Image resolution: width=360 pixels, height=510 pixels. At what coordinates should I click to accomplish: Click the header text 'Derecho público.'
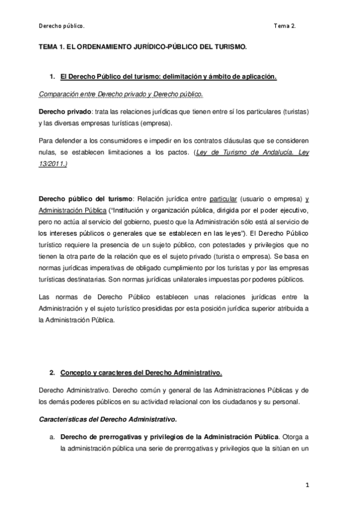click(61, 26)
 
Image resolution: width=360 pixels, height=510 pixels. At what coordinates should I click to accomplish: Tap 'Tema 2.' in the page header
click(285, 26)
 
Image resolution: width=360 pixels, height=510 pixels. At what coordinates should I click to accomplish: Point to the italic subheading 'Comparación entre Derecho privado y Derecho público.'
click(121, 95)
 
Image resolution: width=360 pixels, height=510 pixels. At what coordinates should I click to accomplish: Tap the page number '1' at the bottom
click(307, 484)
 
